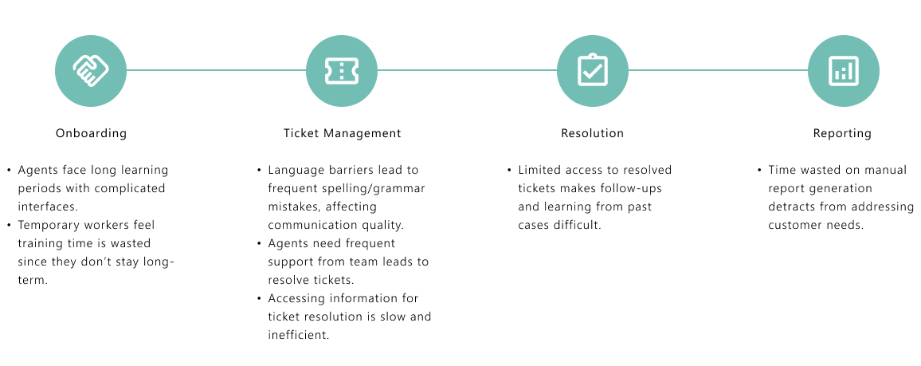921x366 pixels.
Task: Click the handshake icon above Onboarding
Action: click(91, 70)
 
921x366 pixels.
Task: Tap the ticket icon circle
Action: click(342, 70)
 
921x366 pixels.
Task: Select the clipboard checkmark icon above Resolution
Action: click(592, 70)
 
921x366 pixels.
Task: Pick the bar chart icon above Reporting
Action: click(843, 70)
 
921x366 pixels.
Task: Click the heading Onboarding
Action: click(91, 133)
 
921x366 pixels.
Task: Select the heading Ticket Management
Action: click(342, 133)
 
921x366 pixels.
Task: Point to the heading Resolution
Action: click(592, 133)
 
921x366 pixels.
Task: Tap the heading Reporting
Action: click(842, 133)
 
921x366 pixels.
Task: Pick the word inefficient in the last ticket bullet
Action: click(298, 335)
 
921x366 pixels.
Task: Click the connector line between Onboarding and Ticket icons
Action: click(216, 70)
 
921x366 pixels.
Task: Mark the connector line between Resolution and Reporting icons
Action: click(717, 70)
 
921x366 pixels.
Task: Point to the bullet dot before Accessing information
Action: click(259, 299)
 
